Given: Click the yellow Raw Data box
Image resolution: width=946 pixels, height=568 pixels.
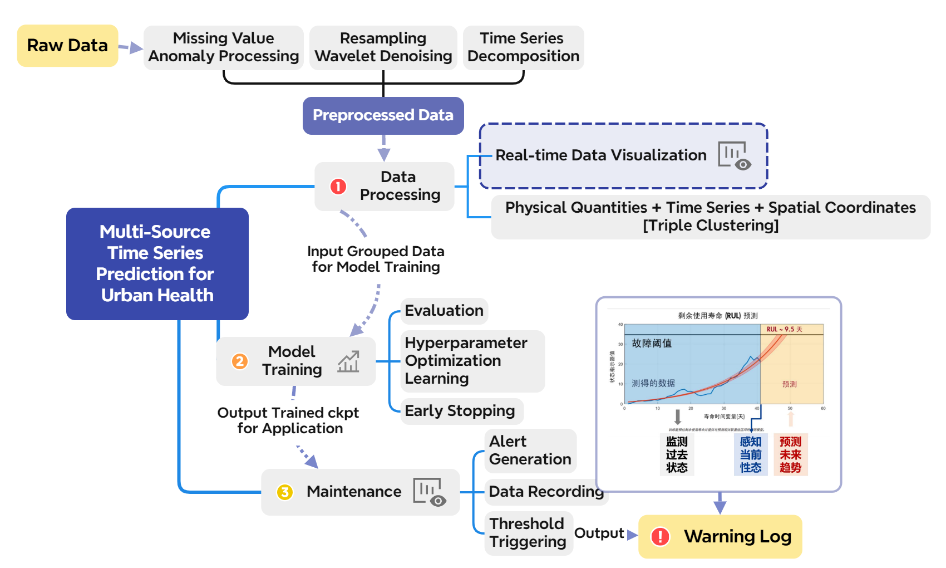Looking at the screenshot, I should point(67,46).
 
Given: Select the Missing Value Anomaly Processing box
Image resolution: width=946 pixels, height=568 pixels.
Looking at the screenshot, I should point(223,47).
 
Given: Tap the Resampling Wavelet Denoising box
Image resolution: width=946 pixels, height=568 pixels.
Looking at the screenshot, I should point(383,47).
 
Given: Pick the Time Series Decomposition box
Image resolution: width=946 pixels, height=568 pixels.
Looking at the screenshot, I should point(523,47).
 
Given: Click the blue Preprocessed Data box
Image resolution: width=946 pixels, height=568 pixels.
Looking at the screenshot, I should point(383,115).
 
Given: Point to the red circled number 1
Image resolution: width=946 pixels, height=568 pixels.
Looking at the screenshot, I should point(338,187).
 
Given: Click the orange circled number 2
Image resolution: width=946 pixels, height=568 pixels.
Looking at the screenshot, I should point(240,361).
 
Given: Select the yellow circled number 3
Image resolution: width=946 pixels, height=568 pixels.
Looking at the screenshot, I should point(285,492).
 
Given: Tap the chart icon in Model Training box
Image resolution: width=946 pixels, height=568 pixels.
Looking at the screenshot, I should point(349,362).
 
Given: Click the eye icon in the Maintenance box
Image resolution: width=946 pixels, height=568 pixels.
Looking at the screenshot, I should point(437,501).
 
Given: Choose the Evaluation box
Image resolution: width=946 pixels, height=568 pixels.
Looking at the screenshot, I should point(444,311).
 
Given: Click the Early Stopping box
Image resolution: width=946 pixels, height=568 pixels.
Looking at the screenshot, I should point(461,411).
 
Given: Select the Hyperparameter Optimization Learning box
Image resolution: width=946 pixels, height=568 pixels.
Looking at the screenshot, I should point(472,361).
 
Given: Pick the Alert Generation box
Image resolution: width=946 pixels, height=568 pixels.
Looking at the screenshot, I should point(530,451).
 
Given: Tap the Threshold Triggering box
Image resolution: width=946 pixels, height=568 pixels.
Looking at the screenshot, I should point(528,533).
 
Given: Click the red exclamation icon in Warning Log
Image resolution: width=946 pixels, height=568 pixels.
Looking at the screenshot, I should point(661,536).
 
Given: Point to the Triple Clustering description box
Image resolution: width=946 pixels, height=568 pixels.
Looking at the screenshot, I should point(710,217).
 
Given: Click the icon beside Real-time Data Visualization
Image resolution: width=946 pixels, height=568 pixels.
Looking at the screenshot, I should point(735,155).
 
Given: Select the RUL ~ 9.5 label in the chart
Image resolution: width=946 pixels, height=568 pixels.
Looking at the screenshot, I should point(784,329).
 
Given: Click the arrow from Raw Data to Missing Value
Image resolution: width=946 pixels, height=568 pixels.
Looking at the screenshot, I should point(131,48).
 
